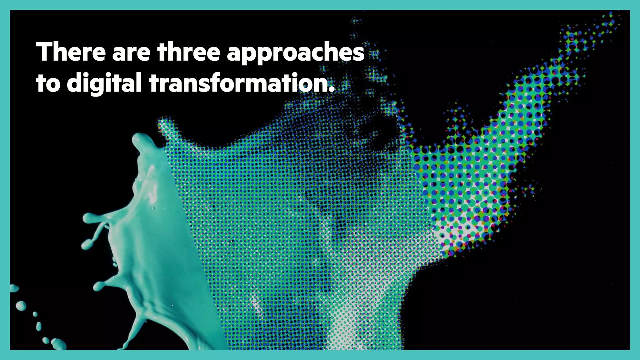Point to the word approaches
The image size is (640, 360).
[296, 54]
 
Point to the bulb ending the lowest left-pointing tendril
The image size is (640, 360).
[99, 286]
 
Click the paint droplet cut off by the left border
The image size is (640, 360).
[13, 288]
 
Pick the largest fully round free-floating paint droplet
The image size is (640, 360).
[21, 305]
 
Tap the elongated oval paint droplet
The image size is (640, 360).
[39, 326]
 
